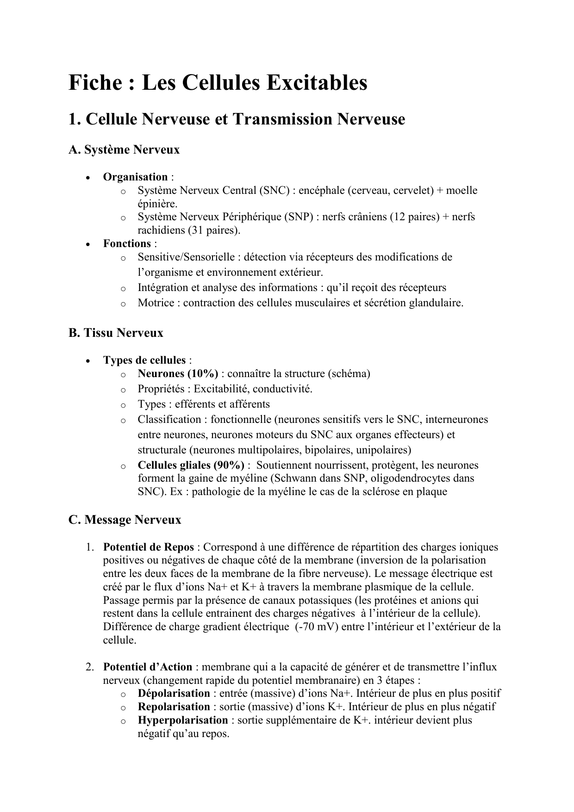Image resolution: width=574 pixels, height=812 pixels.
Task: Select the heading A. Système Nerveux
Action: tap(124, 150)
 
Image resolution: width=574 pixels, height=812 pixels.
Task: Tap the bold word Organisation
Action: tap(135, 177)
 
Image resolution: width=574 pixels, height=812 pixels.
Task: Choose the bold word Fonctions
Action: tap(127, 244)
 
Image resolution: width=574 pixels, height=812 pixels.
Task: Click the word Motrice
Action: tap(156, 303)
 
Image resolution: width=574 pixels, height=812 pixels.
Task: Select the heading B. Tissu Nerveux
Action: tap(116, 333)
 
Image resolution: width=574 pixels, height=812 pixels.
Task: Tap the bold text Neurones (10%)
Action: tap(178, 374)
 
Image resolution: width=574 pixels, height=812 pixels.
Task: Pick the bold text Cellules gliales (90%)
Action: tap(191, 465)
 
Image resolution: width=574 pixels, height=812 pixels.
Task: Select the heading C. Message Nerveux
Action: tap(125, 520)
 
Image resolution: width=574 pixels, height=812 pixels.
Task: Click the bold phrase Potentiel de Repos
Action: tap(148, 547)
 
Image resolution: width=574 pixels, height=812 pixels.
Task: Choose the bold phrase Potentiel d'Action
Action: tap(147, 667)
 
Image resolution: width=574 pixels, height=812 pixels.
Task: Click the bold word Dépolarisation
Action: tap(174, 694)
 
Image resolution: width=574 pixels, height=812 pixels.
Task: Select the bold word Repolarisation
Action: tap(174, 707)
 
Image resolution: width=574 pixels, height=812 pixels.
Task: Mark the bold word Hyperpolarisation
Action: tap(182, 720)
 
